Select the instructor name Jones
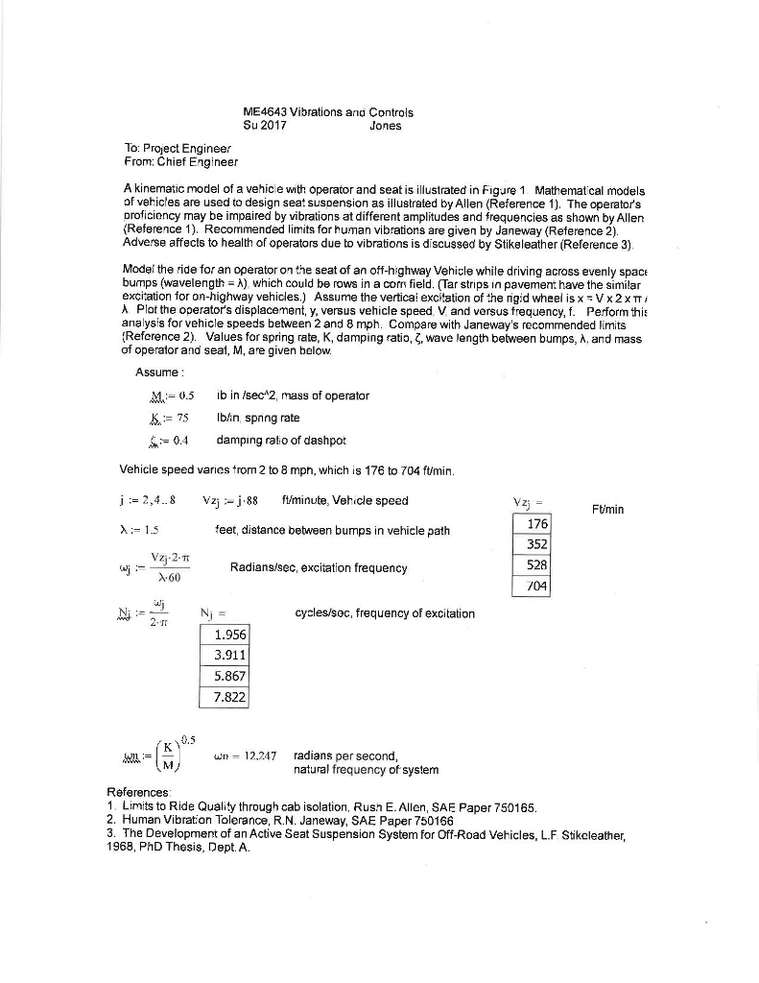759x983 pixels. pos(385,125)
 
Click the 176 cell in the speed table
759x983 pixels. pos(537,524)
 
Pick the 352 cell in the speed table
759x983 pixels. pos(537,543)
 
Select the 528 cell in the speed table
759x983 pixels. pos(537,563)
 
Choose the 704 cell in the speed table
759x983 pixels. pos(537,583)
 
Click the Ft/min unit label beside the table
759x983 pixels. pos(607,509)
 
